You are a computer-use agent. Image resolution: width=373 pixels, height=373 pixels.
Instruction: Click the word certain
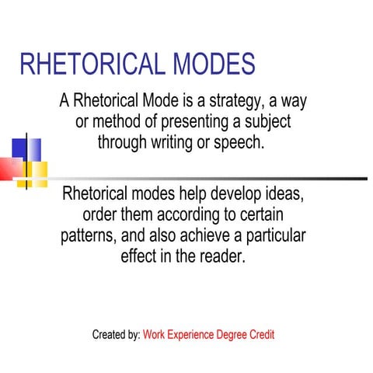click(263, 214)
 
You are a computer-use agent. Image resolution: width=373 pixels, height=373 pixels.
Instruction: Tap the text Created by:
click(116, 335)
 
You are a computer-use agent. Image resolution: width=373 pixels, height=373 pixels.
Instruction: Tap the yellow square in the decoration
click(37, 170)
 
